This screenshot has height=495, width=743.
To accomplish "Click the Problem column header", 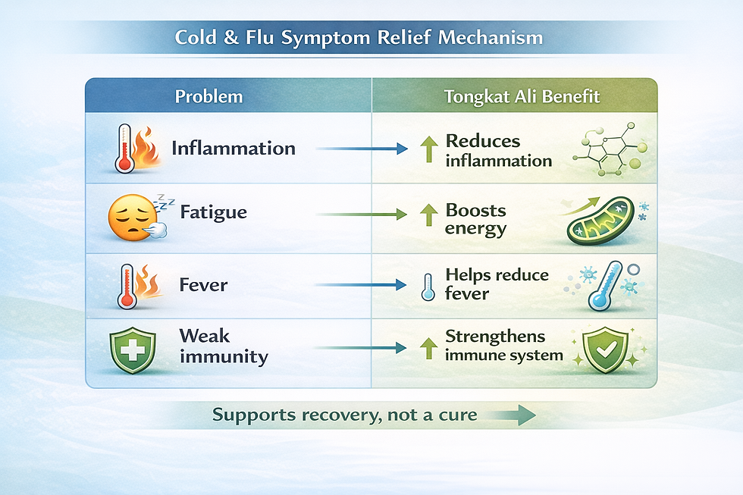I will click(x=208, y=97).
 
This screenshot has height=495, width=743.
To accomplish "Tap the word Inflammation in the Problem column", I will click(x=234, y=148).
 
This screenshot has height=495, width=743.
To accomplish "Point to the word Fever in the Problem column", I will click(x=203, y=286).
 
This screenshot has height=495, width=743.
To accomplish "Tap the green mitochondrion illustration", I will click(x=600, y=221).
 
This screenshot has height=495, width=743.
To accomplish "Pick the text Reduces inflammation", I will click(x=498, y=150).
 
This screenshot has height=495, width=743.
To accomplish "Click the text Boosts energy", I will click(x=476, y=219).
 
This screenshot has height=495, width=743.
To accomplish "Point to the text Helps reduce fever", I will click(x=497, y=284).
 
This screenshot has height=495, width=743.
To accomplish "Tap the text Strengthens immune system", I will click(x=503, y=346).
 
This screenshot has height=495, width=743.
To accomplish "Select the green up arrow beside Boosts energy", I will click(x=428, y=215).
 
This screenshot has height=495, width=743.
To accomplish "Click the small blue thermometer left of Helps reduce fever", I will click(x=428, y=287).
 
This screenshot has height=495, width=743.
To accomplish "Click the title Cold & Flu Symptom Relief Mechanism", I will click(x=359, y=37).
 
